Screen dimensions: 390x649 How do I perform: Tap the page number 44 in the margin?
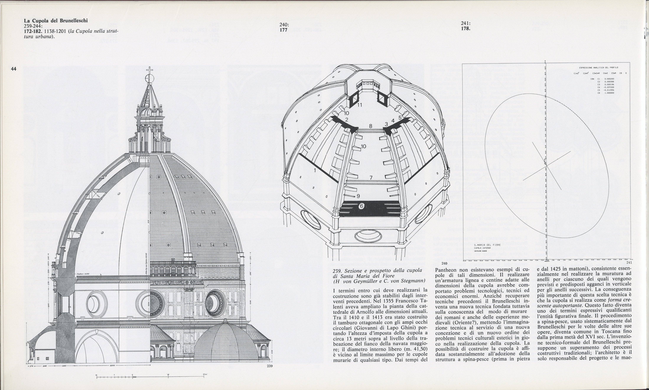(x=14, y=69)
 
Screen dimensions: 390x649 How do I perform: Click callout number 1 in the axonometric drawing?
(x=315, y=170)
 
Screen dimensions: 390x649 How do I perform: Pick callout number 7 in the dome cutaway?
(x=371, y=178)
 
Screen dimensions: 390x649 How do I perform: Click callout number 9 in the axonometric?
(x=358, y=196)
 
